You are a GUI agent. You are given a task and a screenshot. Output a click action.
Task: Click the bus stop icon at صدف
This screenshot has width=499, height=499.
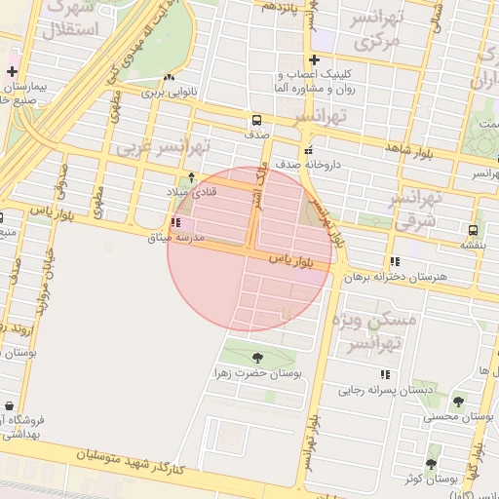coord(256,121)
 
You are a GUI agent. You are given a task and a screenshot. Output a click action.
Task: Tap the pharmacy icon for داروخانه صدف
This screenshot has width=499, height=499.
coord(308,151)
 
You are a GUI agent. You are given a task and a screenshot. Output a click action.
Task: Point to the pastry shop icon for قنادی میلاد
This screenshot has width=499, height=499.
coord(191,177)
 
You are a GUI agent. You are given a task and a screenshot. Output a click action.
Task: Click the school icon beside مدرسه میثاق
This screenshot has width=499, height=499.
coord(174,223)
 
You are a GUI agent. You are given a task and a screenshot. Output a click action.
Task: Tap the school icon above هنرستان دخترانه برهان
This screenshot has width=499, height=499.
coord(395,261)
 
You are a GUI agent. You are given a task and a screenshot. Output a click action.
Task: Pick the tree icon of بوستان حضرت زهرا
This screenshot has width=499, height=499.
coord(257,358)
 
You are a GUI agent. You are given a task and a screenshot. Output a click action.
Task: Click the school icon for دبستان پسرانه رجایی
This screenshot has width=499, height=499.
coord(385,374)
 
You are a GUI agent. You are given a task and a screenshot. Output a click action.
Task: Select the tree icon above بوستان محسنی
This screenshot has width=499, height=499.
coord(458,401)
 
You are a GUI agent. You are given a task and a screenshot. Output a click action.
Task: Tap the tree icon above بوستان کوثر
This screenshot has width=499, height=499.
coord(431,463)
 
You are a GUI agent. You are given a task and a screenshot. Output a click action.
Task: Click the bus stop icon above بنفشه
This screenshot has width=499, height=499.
coord(473,231)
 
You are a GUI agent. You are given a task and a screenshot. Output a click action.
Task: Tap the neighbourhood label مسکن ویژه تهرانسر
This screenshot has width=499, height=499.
coord(372,331)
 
